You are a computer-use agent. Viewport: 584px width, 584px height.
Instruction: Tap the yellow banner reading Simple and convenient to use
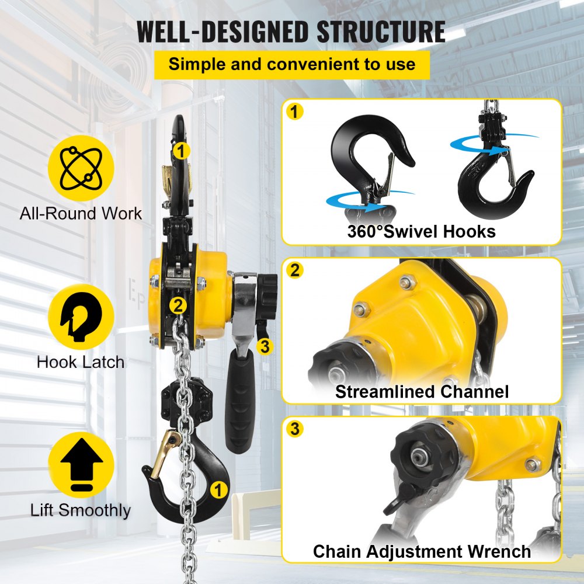(291, 64)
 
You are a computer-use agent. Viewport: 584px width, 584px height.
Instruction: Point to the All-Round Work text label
(81, 213)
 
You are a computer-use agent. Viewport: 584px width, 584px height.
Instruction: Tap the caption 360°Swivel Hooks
(421, 231)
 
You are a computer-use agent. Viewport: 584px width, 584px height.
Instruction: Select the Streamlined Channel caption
(421, 391)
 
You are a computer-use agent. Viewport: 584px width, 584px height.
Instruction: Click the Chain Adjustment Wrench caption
(421, 551)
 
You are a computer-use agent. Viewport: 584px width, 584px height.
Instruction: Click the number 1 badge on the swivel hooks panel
(296, 112)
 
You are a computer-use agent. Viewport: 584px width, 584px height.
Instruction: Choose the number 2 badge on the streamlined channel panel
(296, 270)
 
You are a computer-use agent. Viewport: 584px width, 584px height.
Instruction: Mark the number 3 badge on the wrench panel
(296, 429)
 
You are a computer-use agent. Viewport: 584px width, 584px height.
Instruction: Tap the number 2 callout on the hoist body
(178, 304)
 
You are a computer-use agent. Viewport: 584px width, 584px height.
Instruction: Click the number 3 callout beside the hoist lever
(265, 346)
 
